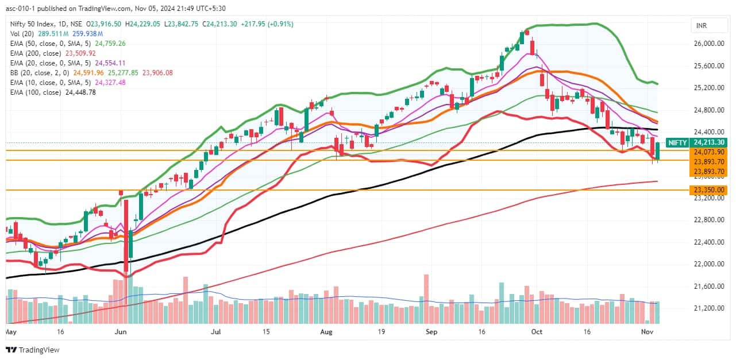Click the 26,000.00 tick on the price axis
(708, 44)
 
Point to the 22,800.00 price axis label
(708, 220)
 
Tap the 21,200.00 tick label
(708, 308)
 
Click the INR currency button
(702, 26)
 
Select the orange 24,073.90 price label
(708, 152)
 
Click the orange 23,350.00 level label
(708, 190)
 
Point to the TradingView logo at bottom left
(33, 350)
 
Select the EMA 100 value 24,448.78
(80, 92)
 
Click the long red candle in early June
(125, 235)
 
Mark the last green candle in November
(658, 152)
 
